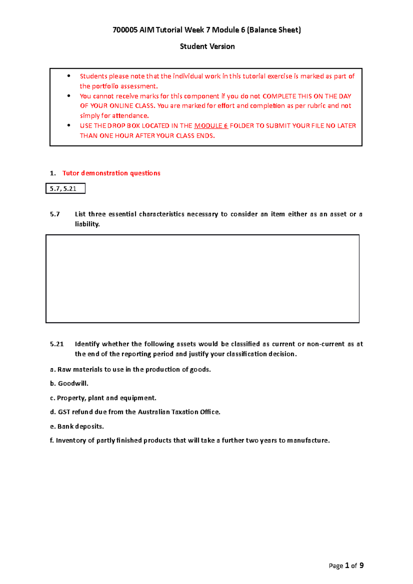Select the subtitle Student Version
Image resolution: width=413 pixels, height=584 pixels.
(x=207, y=46)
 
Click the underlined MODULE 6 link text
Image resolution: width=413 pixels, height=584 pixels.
(x=211, y=126)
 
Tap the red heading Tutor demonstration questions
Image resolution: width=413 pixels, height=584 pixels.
(x=111, y=173)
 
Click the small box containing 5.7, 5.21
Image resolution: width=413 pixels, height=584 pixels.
(x=65, y=188)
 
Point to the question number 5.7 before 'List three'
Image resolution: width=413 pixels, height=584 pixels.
(x=55, y=214)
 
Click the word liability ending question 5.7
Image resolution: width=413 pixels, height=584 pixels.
(x=87, y=224)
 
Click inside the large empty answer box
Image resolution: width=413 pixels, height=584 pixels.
(x=202, y=279)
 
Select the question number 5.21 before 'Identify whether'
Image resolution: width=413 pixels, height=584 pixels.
(x=57, y=344)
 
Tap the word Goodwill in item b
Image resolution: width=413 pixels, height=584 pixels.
(x=73, y=383)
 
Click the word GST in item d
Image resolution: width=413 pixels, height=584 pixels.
(x=64, y=412)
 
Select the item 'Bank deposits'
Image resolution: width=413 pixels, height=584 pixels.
(x=80, y=426)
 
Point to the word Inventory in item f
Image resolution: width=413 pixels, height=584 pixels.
(x=71, y=441)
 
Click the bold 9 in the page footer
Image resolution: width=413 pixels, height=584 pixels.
(x=361, y=565)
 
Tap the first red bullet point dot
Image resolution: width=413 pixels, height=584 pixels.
(x=69, y=76)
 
